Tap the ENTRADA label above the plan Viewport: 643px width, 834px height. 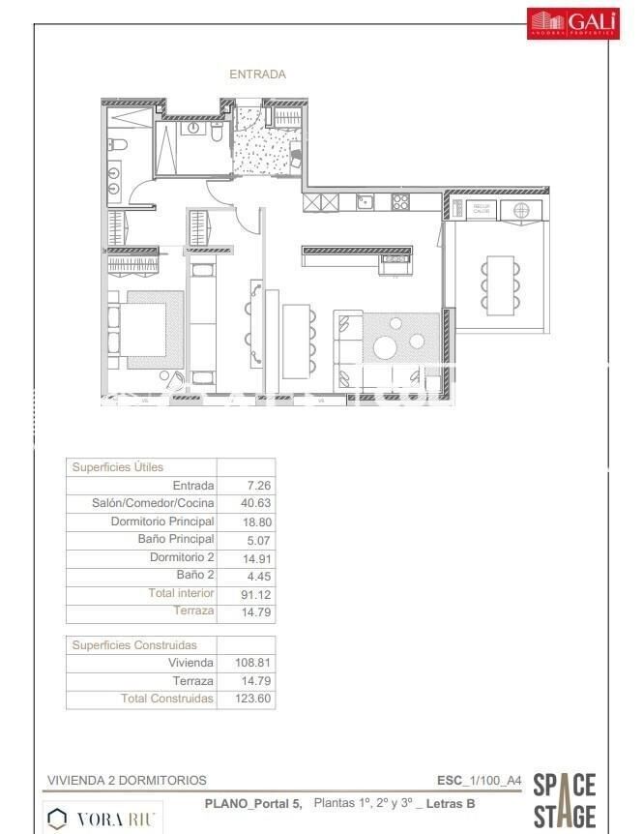click(257, 74)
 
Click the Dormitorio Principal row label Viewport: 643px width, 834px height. click(162, 521)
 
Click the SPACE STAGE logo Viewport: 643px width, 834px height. click(565, 800)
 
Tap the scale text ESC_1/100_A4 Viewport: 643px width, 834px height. click(479, 780)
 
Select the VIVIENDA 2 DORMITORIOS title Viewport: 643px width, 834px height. click(127, 780)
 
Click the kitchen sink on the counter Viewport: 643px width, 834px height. click(365, 202)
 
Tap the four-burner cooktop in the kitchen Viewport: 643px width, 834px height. click(400, 202)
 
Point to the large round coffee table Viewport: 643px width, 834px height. click(386, 347)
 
